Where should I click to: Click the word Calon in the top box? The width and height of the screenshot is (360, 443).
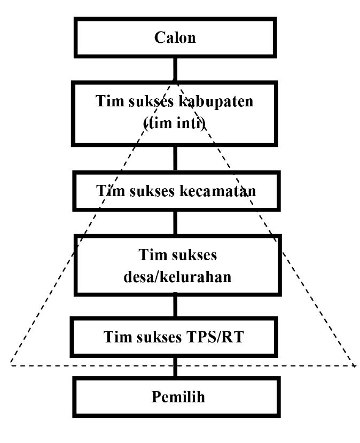[175, 38]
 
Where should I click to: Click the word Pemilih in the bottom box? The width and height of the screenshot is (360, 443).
[175, 398]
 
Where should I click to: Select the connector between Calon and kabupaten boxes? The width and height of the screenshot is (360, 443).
[175, 68]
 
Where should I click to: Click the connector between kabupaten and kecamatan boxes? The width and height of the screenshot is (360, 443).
[175, 158]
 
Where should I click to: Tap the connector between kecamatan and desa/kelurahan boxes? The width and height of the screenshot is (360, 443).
[175, 222]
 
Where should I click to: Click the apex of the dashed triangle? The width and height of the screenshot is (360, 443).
[175, 81]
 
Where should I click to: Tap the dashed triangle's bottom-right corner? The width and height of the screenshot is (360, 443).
[355, 366]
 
